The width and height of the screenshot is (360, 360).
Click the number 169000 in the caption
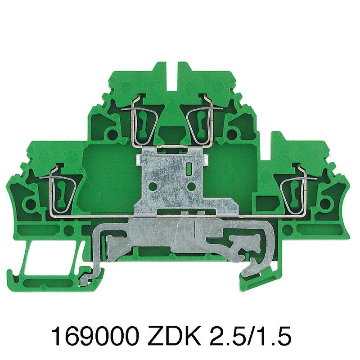(95, 337)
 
